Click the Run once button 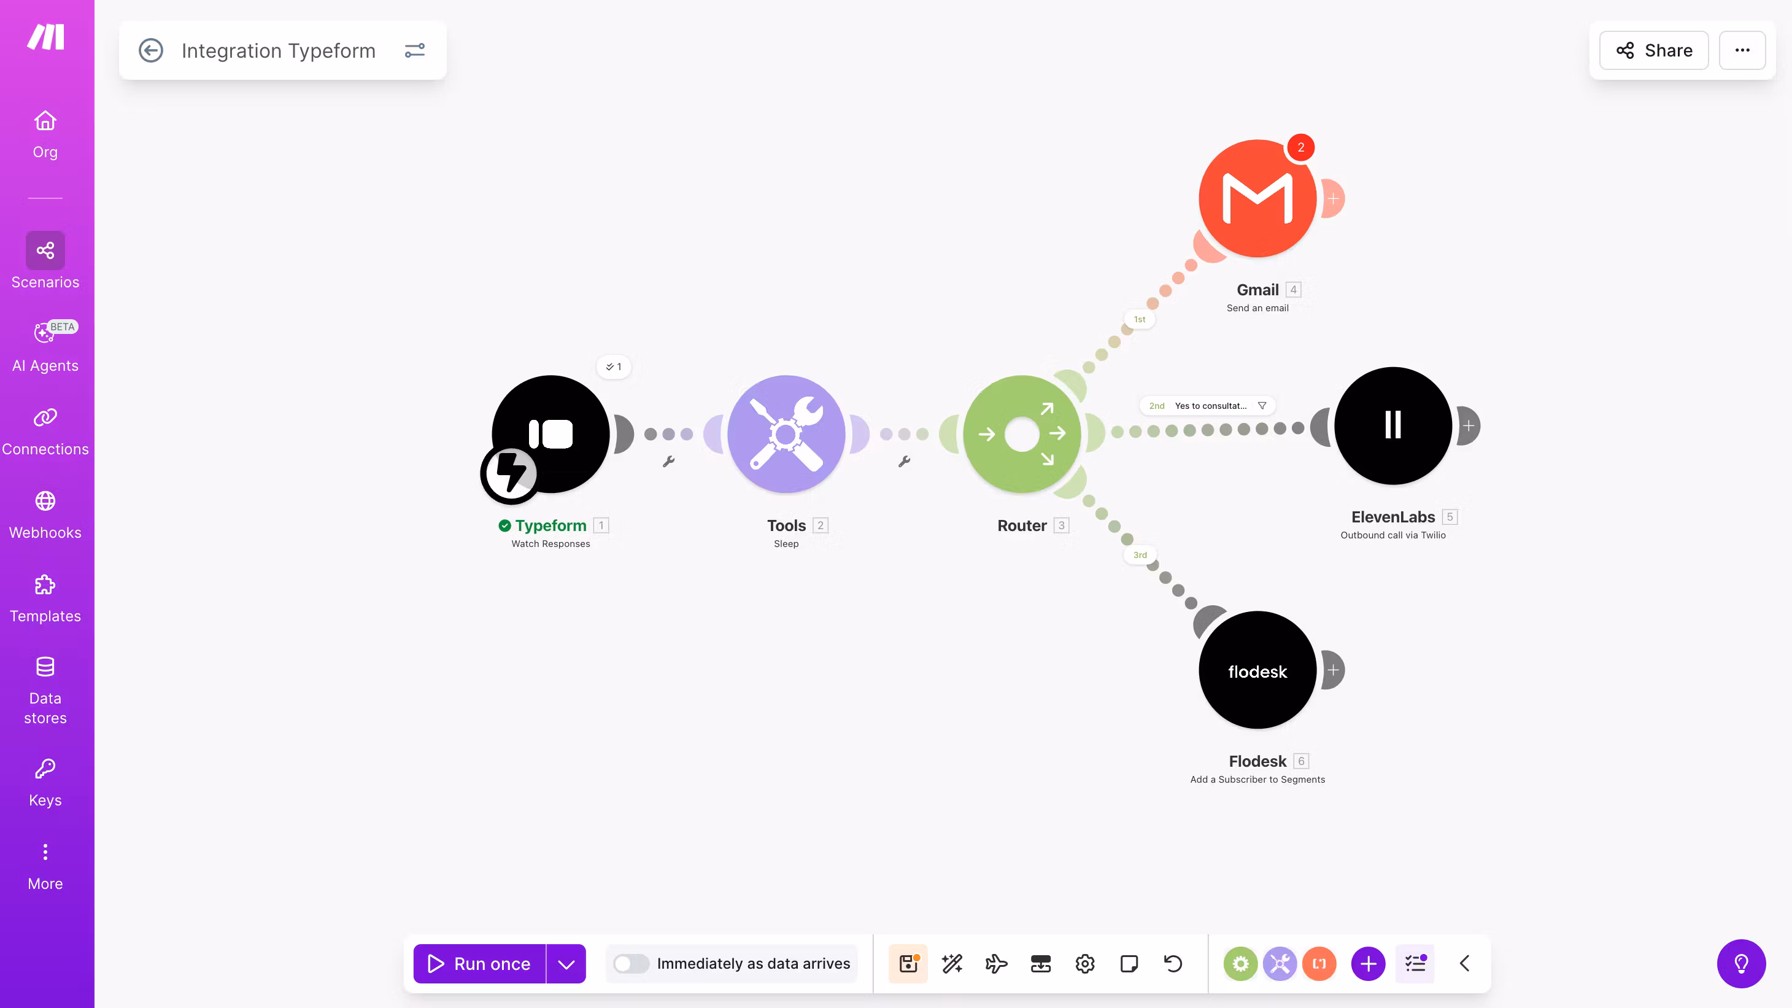click(x=479, y=963)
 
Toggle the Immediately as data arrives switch click(x=631, y=963)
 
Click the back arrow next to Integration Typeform click(x=151, y=50)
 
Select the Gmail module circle click(x=1257, y=198)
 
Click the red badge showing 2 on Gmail click(x=1300, y=147)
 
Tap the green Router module click(x=1022, y=434)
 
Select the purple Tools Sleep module click(x=786, y=434)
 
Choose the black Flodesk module click(x=1257, y=670)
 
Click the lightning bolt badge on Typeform click(x=511, y=474)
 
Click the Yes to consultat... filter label click(x=1210, y=406)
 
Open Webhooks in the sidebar click(x=45, y=516)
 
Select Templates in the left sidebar click(x=45, y=599)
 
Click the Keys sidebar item click(x=45, y=783)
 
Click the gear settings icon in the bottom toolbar click(x=1084, y=963)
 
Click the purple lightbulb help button click(x=1741, y=963)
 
